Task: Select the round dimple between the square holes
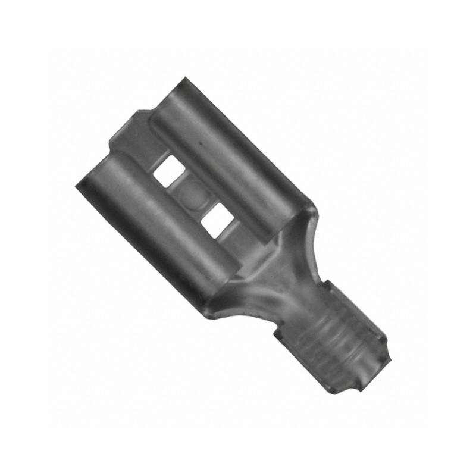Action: point(192,195)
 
